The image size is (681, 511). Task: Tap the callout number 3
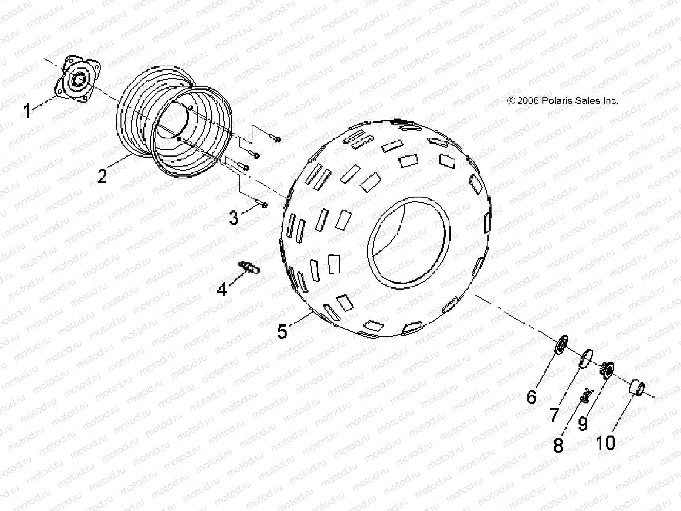[x=234, y=218]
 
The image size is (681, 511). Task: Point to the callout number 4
[x=222, y=290]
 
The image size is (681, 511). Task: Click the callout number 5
[x=282, y=331]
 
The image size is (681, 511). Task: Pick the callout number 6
[x=532, y=397]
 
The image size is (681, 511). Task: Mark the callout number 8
[x=558, y=445]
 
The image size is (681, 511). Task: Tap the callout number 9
[x=583, y=424]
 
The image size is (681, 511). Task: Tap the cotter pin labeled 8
[x=584, y=395]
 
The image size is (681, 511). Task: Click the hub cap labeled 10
[x=637, y=388]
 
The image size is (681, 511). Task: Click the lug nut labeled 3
[x=264, y=205]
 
